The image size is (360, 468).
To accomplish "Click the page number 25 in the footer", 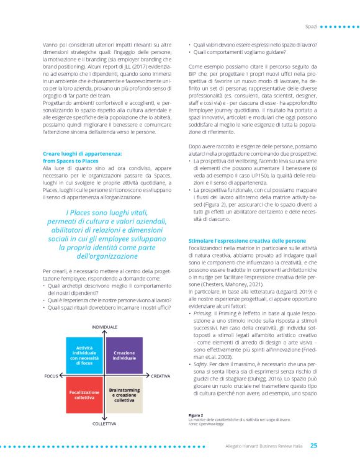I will (x=314, y=445).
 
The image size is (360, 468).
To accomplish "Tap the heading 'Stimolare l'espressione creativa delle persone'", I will (x=246, y=240).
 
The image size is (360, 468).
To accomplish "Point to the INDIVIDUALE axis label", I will (x=105, y=327).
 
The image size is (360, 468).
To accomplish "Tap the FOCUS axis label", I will (x=52, y=376).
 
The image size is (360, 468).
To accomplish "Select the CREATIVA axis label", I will (x=161, y=376).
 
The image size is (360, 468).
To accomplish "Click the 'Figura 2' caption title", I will (x=197, y=415).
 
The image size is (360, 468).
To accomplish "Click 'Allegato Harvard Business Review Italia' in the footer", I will (x=261, y=445).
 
